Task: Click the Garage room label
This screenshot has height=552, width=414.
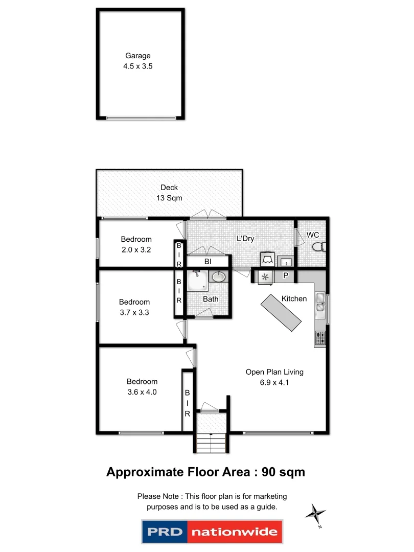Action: (x=138, y=56)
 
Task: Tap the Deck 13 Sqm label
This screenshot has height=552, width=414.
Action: (x=169, y=193)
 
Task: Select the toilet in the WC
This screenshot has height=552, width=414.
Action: (x=318, y=247)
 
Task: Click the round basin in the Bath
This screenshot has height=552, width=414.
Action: (x=218, y=277)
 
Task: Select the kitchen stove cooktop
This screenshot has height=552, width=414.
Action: (x=320, y=338)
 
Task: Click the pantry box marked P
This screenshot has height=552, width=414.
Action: (x=286, y=277)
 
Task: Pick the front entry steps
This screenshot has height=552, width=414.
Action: (x=211, y=442)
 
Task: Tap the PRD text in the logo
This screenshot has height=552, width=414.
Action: (x=165, y=532)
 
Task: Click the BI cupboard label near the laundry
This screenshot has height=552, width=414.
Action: (x=208, y=262)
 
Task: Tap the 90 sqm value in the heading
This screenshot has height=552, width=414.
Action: (x=283, y=472)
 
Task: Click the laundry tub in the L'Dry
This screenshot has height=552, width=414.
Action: (x=287, y=261)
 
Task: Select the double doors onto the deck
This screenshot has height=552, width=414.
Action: (x=206, y=215)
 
